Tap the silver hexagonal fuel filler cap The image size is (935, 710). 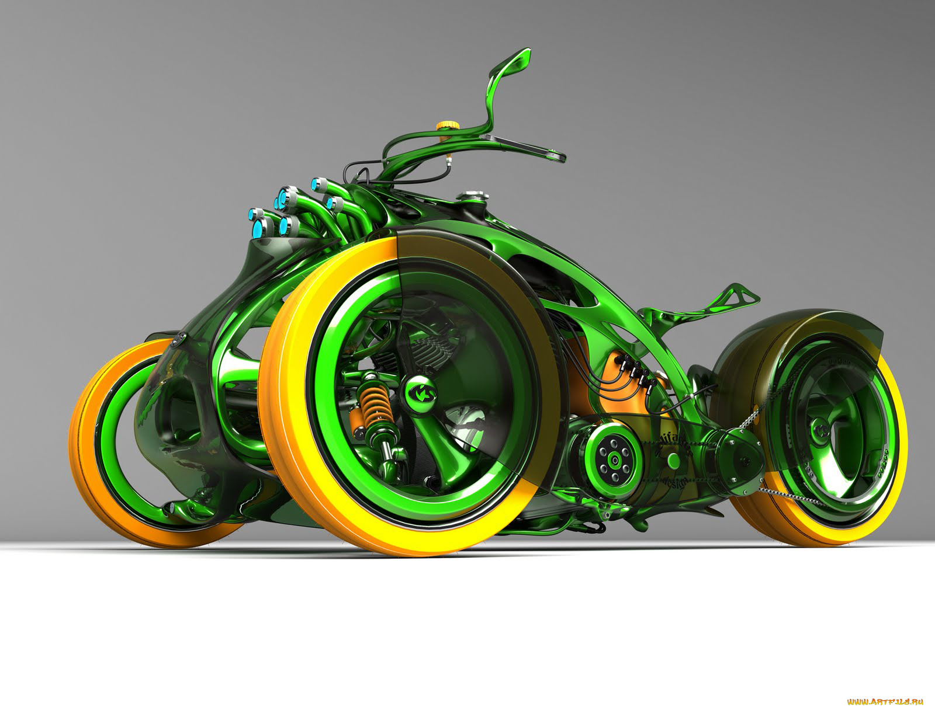coord(470,196)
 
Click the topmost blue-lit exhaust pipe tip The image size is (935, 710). coord(320,184)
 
